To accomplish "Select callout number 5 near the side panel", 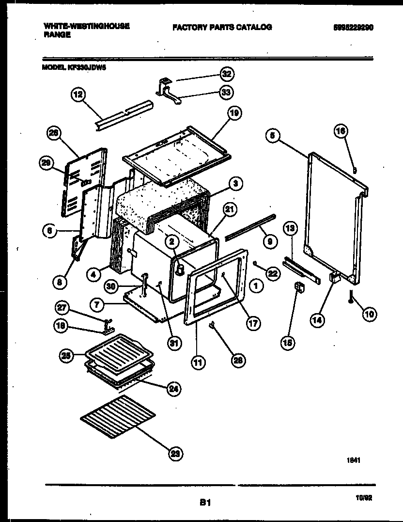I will [272, 136].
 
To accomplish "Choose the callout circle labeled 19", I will [234, 114].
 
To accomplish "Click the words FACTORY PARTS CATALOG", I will [222, 27].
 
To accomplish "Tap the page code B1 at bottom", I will [205, 503].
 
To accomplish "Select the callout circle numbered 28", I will [238, 360].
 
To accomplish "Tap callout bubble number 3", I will [235, 183].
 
